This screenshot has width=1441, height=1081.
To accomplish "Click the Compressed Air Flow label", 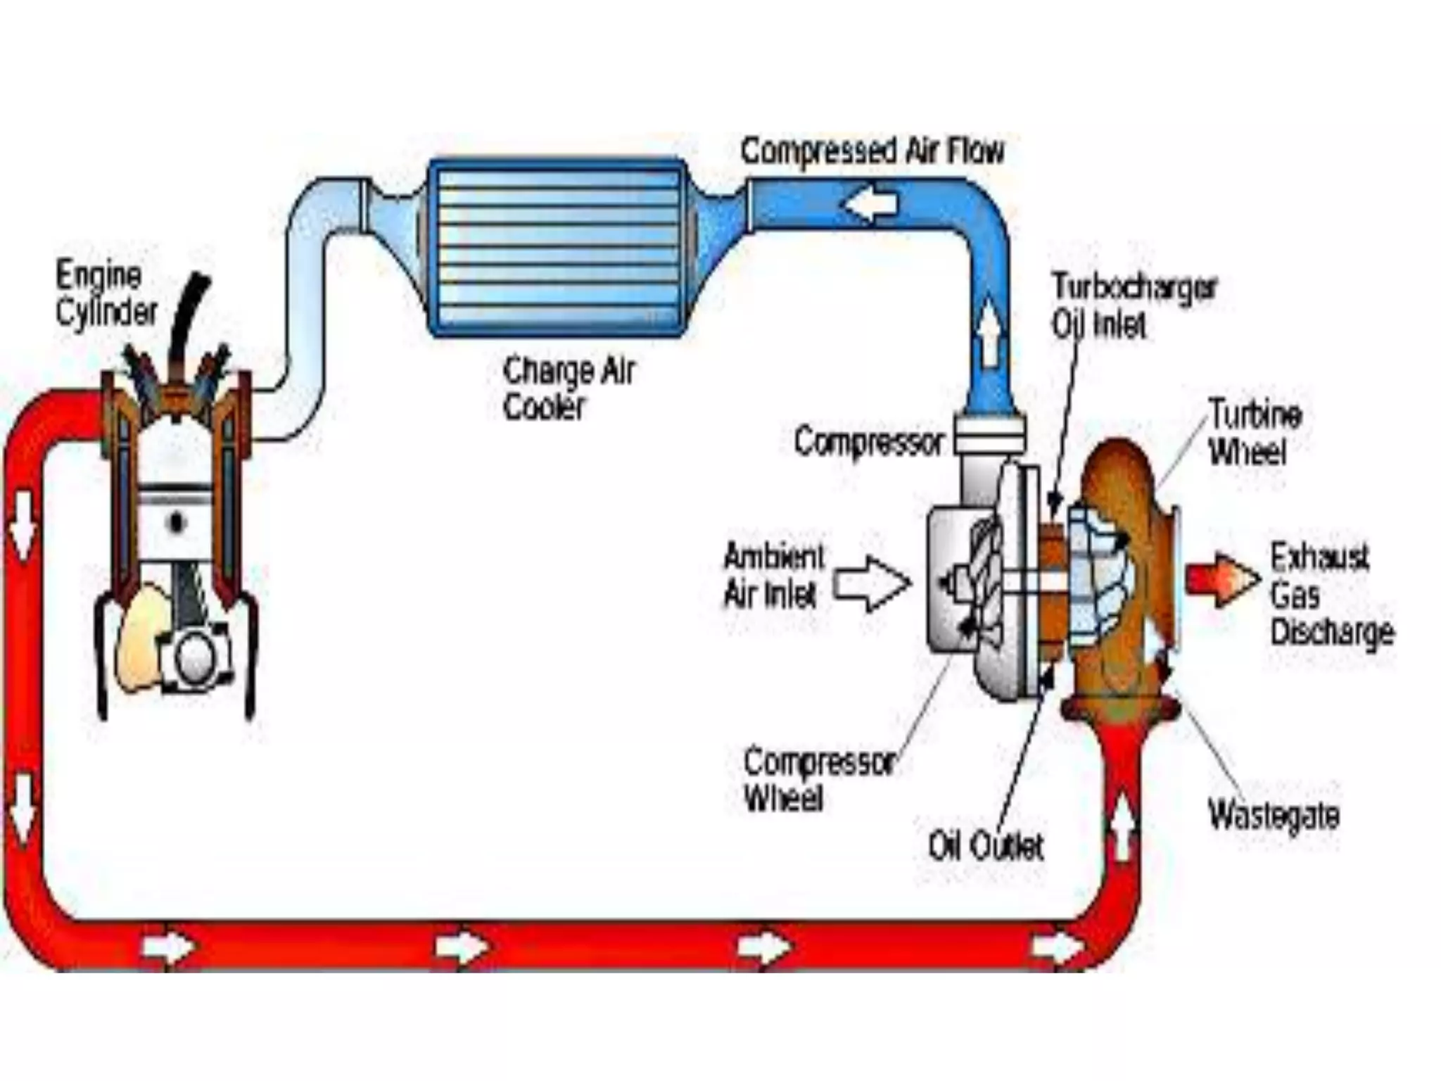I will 872,151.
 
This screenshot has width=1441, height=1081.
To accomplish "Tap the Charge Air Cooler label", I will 569,388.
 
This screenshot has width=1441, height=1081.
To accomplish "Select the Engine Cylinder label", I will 106,293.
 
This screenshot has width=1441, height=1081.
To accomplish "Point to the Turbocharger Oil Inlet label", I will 1133,305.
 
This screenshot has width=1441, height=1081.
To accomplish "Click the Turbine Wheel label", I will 1255,432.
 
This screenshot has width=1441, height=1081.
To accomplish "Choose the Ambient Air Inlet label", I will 773,576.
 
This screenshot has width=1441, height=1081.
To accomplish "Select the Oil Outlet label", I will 985,845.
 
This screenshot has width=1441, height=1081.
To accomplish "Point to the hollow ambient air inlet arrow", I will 871,583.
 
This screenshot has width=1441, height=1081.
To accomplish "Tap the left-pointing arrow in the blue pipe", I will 870,205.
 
